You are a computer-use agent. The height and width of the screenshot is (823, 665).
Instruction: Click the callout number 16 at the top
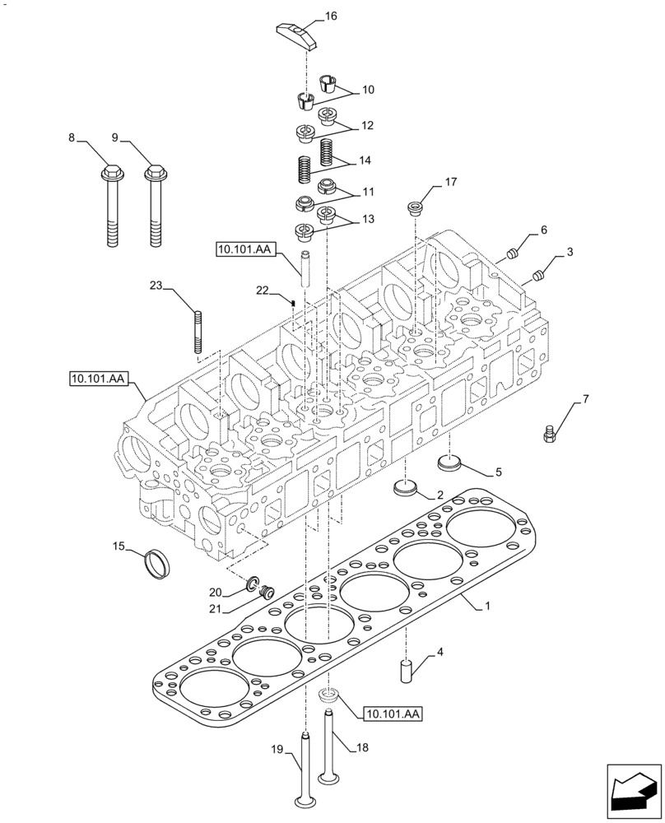click(x=331, y=16)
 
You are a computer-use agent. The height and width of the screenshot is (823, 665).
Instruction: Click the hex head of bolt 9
click(x=153, y=174)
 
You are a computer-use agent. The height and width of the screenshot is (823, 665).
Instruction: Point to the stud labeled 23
click(x=198, y=331)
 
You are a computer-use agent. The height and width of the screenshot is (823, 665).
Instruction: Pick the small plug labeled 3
click(x=538, y=273)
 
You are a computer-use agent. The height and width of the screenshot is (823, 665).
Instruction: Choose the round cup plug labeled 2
click(x=407, y=488)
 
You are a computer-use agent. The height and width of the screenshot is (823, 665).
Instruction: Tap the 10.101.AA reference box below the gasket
click(x=391, y=715)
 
